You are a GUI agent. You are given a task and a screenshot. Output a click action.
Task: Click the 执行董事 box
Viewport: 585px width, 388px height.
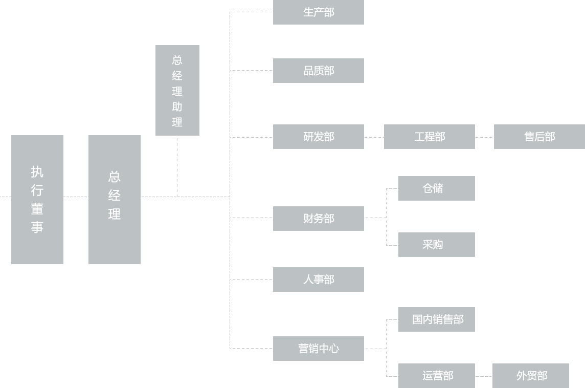(37, 199)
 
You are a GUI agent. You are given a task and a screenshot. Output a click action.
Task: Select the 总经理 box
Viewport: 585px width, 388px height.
(114, 199)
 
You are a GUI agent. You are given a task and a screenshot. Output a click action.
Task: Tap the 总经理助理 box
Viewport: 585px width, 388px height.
(177, 90)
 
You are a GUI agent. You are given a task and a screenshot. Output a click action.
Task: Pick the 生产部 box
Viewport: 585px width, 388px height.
(318, 12)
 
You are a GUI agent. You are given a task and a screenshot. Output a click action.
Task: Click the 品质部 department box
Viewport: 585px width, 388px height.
(318, 70)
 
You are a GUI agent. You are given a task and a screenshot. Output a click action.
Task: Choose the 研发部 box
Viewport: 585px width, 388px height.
(318, 136)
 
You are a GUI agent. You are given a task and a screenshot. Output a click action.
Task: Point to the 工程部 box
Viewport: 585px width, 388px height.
(429, 136)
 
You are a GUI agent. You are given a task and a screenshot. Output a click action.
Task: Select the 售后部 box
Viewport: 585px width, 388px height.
(538, 136)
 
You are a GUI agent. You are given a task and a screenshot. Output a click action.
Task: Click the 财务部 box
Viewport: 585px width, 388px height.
(318, 218)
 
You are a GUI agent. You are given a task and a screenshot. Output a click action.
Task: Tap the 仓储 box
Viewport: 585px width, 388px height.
(436, 188)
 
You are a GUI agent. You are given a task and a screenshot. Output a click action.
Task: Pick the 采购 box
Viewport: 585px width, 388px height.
(436, 244)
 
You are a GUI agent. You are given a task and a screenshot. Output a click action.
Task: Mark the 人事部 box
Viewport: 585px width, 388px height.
(318, 279)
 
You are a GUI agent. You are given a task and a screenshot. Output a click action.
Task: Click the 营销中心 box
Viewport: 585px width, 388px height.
(318, 348)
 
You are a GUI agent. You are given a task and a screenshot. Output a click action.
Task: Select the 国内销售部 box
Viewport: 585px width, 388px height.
(436, 319)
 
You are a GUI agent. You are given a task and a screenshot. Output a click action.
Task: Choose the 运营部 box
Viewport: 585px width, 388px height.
(436, 375)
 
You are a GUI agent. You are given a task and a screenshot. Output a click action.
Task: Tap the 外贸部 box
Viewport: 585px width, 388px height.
(530, 375)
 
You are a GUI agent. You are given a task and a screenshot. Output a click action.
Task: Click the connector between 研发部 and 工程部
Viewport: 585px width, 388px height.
(374, 137)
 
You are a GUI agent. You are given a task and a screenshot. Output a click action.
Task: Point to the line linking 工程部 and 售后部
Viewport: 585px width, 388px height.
(484, 137)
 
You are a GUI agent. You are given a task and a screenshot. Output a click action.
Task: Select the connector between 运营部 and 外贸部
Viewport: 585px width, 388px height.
(483, 376)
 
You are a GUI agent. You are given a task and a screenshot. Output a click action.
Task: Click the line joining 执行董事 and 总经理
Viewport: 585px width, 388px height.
(76, 196)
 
